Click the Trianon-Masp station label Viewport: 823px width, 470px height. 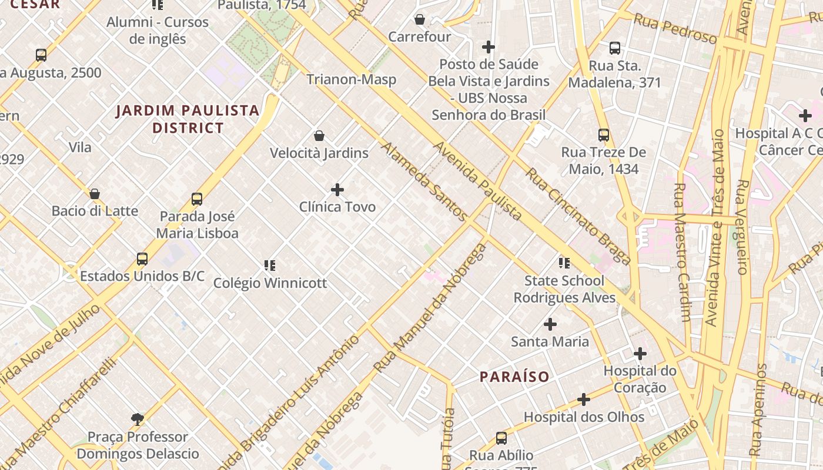tap(351, 79)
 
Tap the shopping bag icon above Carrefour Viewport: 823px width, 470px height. tap(420, 19)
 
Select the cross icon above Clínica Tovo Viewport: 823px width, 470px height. tap(337, 190)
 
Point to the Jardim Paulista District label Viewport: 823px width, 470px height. tap(188, 119)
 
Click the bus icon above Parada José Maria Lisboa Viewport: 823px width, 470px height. tap(197, 199)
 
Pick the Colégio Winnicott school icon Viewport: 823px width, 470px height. tap(270, 266)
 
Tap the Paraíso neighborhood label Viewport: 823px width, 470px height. tap(514, 377)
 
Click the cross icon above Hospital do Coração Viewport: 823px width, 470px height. tap(640, 354)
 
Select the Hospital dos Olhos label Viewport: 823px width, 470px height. tap(584, 417)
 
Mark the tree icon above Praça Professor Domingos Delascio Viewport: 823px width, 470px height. tap(138, 419)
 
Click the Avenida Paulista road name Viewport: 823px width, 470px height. tap(477, 181)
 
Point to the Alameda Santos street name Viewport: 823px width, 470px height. tap(424, 182)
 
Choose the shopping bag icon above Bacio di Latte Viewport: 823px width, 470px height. tap(95, 194)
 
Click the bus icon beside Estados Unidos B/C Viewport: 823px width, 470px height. tap(142, 258)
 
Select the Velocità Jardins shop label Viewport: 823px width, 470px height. tap(319, 153)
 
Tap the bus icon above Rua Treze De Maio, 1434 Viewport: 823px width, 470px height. tap(604, 135)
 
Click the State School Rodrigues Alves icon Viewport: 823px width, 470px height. tap(564, 263)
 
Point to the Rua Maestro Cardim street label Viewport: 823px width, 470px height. tap(683, 253)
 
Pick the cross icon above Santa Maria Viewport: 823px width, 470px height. tap(550, 324)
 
